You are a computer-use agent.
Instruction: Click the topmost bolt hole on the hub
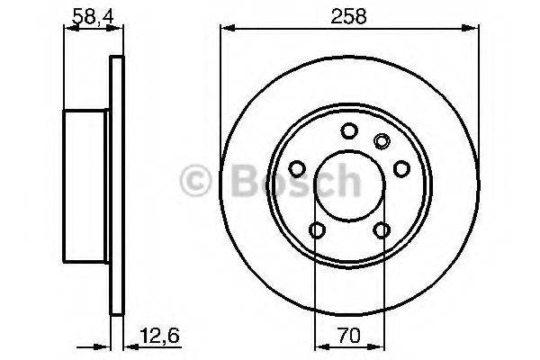click(349, 131)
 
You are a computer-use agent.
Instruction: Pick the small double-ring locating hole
click(381, 139)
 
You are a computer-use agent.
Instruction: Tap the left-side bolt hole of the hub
click(296, 168)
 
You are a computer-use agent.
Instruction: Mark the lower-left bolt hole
click(316, 230)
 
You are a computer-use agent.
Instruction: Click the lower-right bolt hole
click(382, 230)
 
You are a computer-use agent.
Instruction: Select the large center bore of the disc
click(349, 185)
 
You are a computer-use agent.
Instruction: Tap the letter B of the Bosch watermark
click(238, 182)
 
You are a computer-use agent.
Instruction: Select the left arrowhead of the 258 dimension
click(226, 32)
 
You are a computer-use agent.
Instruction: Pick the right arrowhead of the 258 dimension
click(473, 32)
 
